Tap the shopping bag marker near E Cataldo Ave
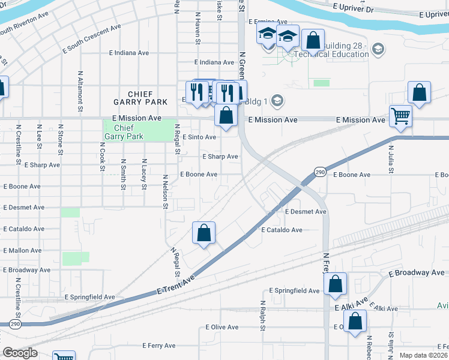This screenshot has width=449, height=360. (203, 233)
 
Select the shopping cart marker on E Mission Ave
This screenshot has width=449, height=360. (400, 116)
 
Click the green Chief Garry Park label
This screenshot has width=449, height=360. (124, 132)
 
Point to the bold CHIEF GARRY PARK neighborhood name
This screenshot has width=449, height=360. (140, 98)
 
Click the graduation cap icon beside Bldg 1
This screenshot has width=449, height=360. (277, 99)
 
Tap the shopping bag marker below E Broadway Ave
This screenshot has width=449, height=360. (336, 285)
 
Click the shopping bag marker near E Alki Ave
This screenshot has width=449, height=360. (356, 321)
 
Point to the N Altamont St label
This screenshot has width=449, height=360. (80, 92)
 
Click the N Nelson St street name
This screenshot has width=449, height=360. (164, 192)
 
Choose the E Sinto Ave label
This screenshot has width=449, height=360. (199, 137)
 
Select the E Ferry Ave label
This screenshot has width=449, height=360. (159, 346)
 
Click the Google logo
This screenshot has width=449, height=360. (20, 353)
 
